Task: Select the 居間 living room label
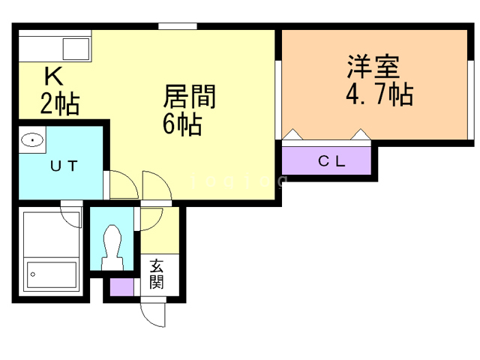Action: pyautogui.click(x=190, y=98)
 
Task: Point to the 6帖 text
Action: pyautogui.click(x=182, y=124)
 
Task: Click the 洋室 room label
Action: pyautogui.click(x=372, y=68)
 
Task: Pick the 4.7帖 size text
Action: pyautogui.click(x=379, y=94)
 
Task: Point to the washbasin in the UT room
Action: pyautogui.click(x=32, y=139)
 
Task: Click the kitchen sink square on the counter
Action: pyautogui.click(x=76, y=49)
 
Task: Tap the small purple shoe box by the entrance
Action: pyautogui.click(x=120, y=286)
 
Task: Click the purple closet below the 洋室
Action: pyautogui.click(x=327, y=160)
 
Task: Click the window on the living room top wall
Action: pyautogui.click(x=178, y=27)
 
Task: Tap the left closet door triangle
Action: pyautogui.click(x=294, y=135)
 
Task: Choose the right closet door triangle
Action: pyautogui.click(x=361, y=135)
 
